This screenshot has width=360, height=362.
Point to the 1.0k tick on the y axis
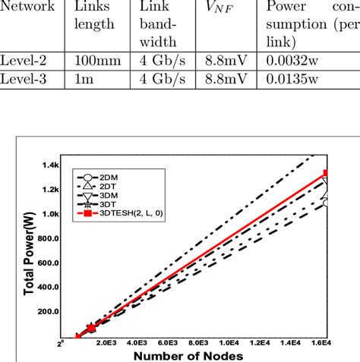tap(51, 214)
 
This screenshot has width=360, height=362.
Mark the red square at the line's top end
tap(326, 173)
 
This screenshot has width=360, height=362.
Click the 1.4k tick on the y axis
tap(51, 165)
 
